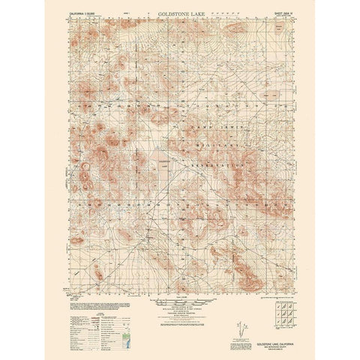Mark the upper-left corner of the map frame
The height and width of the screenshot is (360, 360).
coord(76,19)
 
